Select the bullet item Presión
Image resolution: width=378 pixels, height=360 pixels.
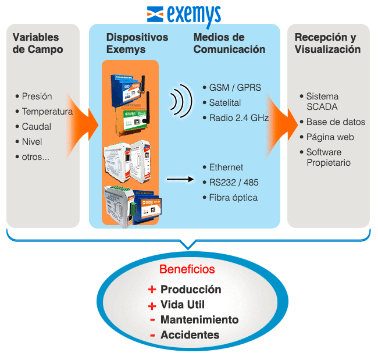point(37,97)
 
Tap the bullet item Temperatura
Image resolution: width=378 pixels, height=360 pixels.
point(47,112)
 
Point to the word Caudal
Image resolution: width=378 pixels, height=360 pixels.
point(37,127)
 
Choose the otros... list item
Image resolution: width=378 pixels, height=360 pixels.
point(35,157)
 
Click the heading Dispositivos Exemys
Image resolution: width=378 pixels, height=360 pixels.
point(137,44)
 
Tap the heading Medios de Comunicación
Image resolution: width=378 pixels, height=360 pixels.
point(229,44)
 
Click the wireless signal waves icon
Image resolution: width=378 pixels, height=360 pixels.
point(180,100)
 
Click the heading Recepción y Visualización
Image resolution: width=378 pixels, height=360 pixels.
point(327,44)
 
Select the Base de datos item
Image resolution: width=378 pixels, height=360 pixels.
point(336,122)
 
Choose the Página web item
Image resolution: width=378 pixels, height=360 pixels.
point(330,137)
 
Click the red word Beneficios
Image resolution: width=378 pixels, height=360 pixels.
point(187,270)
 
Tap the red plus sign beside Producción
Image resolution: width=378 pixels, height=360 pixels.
point(152,290)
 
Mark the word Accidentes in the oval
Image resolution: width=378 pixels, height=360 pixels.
point(190,335)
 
